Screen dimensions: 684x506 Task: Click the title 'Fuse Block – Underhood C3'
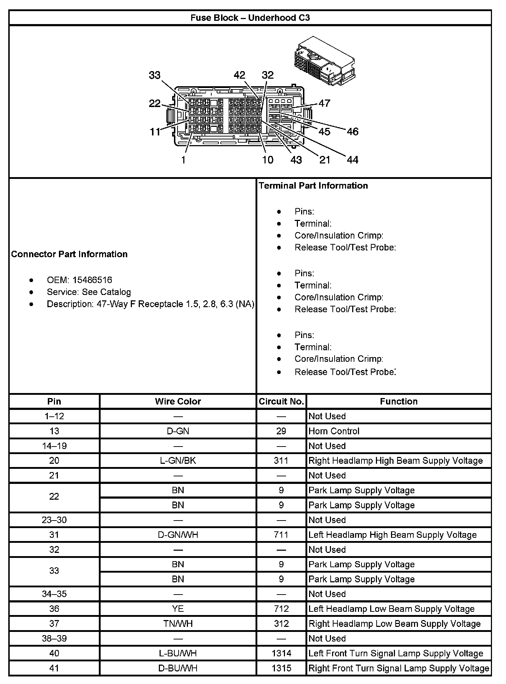click(x=250, y=18)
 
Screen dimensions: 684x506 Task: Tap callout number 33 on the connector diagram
click(x=155, y=75)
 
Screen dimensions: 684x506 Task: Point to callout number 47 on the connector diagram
click(x=324, y=103)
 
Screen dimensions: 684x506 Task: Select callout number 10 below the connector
click(x=268, y=160)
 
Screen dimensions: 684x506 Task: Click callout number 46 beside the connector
click(x=353, y=132)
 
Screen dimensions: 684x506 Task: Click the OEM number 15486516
click(x=92, y=280)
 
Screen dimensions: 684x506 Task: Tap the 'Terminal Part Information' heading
click(x=313, y=186)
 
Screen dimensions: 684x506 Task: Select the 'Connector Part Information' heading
click(x=69, y=254)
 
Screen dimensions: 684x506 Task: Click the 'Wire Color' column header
click(x=178, y=402)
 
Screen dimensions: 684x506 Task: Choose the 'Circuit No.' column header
click(x=281, y=402)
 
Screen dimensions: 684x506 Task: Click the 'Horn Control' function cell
click(x=334, y=431)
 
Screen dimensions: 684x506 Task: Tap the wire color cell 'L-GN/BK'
click(x=178, y=461)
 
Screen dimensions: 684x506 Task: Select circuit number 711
click(x=281, y=535)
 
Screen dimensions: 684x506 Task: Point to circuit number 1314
click(x=281, y=653)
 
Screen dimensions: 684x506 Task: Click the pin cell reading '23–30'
click(x=54, y=520)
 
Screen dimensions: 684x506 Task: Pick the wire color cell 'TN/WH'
click(x=178, y=624)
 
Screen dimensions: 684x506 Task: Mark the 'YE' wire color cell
click(x=178, y=609)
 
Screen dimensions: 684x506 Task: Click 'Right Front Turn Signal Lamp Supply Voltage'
click(x=399, y=669)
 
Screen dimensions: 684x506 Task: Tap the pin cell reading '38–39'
click(x=54, y=639)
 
